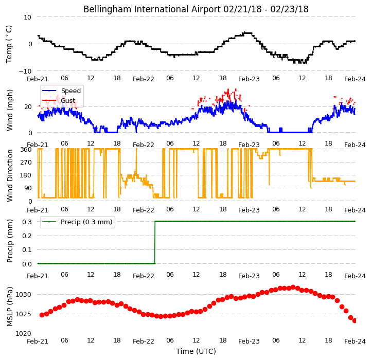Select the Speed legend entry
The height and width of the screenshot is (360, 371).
click(62, 91)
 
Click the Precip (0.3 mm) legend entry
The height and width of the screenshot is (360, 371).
click(77, 222)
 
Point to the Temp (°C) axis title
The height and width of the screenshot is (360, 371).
click(9, 44)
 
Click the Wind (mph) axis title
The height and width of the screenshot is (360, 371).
click(9, 110)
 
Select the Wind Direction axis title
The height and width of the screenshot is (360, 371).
click(9, 175)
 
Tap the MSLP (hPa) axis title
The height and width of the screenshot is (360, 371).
click(9, 307)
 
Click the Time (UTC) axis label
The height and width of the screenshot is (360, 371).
click(196, 351)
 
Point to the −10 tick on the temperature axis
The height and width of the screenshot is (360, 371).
click(25, 71)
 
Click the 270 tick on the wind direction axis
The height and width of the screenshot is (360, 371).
click(26, 163)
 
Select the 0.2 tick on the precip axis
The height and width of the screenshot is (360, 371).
click(27, 236)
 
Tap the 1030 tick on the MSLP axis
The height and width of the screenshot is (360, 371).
click(24, 295)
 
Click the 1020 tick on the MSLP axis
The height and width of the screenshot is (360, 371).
click(24, 333)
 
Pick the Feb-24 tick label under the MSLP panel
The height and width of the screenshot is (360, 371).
click(355, 341)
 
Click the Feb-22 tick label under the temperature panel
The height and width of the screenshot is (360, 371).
click(144, 79)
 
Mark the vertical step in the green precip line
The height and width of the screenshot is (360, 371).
click(155, 242)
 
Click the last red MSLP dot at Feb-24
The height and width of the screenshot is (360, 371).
click(355, 321)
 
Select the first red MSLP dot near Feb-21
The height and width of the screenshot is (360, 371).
click(42, 315)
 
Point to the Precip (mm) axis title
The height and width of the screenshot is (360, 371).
click(9, 241)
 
